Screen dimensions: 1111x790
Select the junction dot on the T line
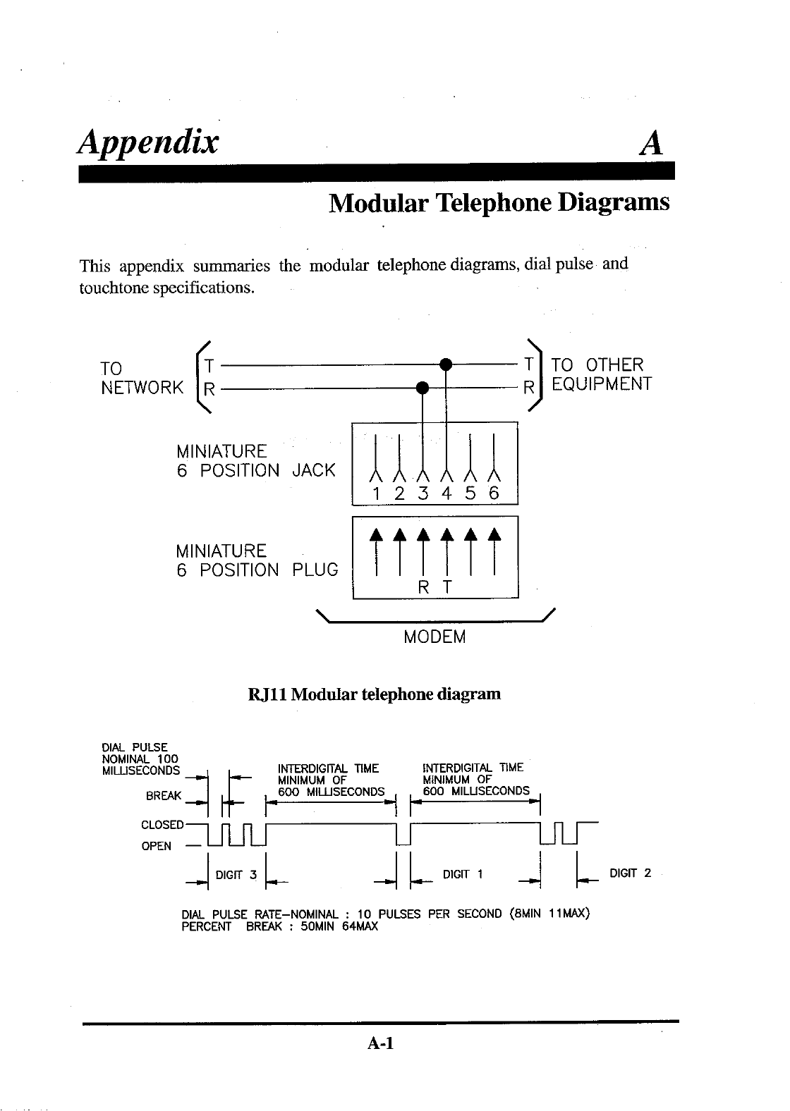[445, 364]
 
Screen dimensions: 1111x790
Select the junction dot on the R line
[423, 386]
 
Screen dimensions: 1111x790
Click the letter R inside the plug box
[423, 587]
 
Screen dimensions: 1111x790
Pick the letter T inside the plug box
[446, 587]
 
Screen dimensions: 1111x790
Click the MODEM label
[435, 637]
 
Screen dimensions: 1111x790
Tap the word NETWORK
[143, 387]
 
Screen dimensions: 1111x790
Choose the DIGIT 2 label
[630, 873]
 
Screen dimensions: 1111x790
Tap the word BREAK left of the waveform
[163, 797]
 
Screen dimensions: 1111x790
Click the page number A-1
[379, 1043]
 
